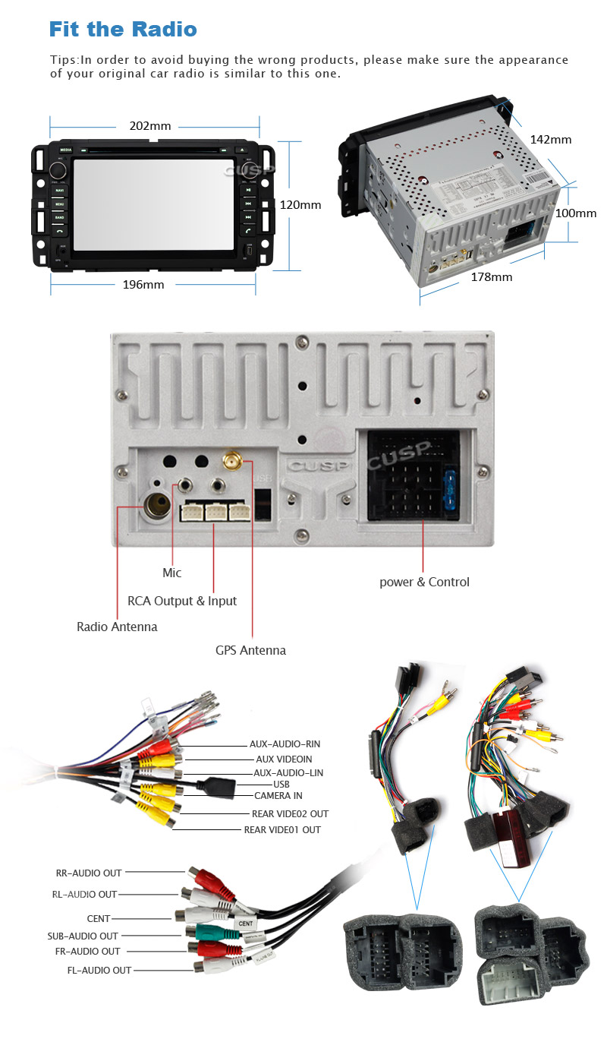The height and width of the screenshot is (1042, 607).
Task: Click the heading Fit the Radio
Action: [x=123, y=30]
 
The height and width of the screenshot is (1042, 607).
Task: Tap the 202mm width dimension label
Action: [x=150, y=125]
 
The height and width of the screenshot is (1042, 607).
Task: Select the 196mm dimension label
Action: [x=144, y=284]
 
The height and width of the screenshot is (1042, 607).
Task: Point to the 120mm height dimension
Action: [x=300, y=205]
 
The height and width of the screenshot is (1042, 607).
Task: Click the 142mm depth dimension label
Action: [x=550, y=140]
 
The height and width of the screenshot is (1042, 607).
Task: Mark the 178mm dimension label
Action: [x=491, y=277]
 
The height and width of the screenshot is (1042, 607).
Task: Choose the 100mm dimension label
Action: [x=576, y=213]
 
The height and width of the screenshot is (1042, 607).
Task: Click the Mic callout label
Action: [x=172, y=573]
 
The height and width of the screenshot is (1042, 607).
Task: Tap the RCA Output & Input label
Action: [x=182, y=601]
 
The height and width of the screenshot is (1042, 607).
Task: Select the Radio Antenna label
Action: [x=117, y=627]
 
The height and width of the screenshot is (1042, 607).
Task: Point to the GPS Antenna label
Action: [x=250, y=650]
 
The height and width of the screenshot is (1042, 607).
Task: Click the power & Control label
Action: [x=424, y=582]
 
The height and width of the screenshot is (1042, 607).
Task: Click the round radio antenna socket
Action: [x=156, y=507]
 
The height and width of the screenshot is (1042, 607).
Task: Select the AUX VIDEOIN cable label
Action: [x=284, y=759]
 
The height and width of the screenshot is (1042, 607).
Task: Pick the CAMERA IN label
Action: [x=278, y=795]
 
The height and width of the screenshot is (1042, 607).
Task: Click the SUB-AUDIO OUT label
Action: [x=83, y=936]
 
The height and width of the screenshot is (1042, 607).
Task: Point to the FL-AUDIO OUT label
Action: [x=99, y=970]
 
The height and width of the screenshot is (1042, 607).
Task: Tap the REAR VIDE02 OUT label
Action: [x=290, y=813]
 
